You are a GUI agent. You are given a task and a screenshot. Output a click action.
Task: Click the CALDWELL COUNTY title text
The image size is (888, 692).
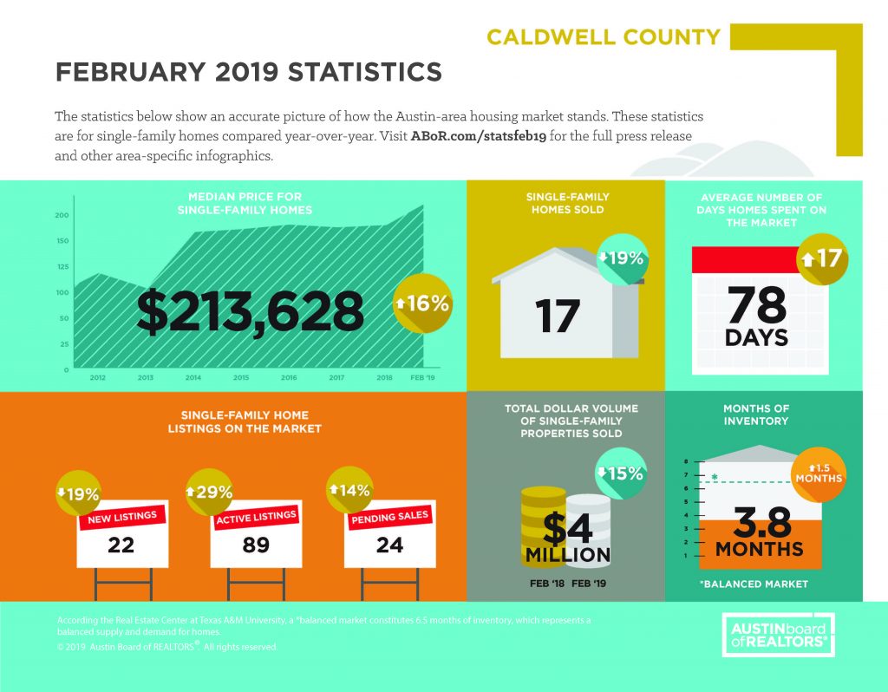coord(604,37)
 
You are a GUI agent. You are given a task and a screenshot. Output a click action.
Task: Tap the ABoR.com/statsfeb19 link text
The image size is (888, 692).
coord(478,136)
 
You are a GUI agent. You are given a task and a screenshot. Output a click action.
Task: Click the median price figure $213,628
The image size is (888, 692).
coord(250,311)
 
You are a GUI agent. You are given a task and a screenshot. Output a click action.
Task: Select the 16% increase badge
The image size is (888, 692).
coord(422,304)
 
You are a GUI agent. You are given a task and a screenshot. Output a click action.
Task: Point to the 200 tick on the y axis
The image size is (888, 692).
coord(62,215)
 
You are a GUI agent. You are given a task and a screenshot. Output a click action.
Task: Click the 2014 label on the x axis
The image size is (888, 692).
coord(193,377)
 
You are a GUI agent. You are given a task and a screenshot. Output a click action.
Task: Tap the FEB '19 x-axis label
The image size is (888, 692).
coord(422,377)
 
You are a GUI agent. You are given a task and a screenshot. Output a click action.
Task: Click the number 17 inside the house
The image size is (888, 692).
coord(558,317)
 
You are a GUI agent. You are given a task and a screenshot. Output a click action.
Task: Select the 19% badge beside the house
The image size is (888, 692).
coord(621,258)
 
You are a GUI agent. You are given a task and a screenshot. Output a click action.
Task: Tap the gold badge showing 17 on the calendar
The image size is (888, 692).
coord(822,258)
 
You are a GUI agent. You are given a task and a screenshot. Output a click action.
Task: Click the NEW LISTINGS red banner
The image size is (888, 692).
coord(122,518)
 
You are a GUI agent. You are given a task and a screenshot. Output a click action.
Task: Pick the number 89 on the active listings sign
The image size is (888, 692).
coord(256,545)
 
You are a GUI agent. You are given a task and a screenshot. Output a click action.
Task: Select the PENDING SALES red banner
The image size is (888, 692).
coord(389,518)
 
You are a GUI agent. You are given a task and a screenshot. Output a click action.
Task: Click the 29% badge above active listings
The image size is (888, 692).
coord(209,492)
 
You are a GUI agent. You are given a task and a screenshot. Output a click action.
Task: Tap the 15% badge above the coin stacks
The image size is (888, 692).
coord(621,473)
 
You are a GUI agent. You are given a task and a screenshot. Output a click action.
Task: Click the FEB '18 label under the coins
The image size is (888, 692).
coord(547,584)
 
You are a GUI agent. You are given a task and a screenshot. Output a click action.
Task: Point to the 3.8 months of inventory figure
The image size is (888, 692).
coord(762,522)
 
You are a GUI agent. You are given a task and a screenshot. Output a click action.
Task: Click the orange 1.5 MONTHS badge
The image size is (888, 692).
coord(819,474)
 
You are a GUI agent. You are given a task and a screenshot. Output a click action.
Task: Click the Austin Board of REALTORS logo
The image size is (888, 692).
coord(779,635)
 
